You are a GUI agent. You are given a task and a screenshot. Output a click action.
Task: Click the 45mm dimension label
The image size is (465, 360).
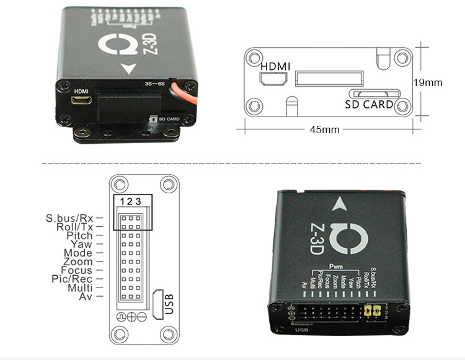tap(324, 130)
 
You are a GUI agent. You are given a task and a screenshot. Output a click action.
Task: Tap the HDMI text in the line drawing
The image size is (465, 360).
tap(275, 66)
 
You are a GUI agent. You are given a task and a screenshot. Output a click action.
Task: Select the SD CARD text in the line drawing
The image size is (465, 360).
tap(369, 105)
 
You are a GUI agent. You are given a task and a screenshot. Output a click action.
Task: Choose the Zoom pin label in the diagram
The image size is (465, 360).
tap(77, 261)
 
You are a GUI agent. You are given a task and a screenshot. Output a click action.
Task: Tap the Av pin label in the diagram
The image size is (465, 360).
tap(86, 296)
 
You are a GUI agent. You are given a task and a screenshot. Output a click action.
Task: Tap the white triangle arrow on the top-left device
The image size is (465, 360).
tap(130, 69)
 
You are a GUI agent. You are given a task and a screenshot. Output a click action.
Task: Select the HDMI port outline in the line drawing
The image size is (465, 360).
tap(273, 79)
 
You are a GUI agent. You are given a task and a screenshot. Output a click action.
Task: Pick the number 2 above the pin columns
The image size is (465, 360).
tap(131, 201)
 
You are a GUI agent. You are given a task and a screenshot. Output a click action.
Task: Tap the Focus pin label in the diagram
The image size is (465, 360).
tap(77, 270)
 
